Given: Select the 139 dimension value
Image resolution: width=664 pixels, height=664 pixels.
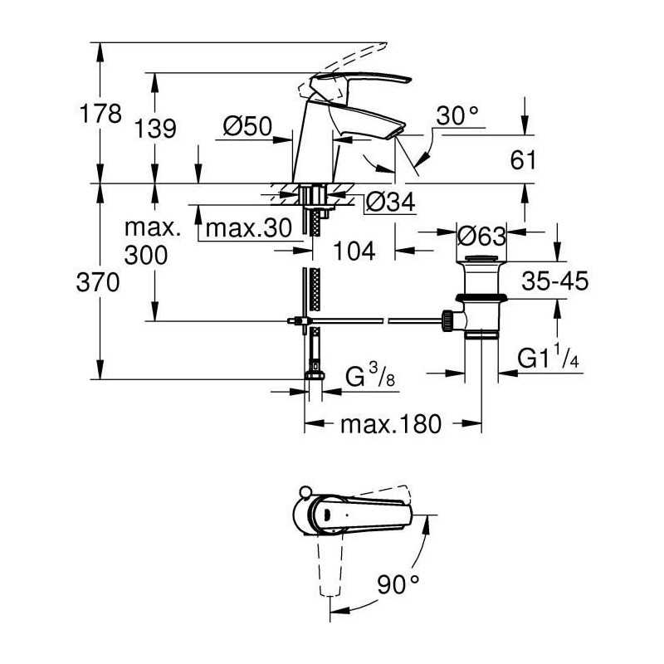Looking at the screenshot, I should (155, 129).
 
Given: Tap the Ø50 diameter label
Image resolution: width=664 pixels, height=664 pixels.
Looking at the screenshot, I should (248, 127).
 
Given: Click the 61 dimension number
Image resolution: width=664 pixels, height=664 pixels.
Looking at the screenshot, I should (525, 160).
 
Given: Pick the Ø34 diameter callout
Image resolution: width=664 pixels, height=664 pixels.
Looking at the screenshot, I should (390, 202).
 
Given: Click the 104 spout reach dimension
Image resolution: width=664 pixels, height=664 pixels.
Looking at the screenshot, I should (355, 250).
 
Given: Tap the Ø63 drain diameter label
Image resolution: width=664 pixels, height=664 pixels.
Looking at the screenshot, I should (482, 236).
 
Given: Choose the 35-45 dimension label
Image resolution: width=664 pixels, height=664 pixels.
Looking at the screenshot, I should (555, 281).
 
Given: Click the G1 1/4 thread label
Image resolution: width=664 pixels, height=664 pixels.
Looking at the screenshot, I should (548, 358).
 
